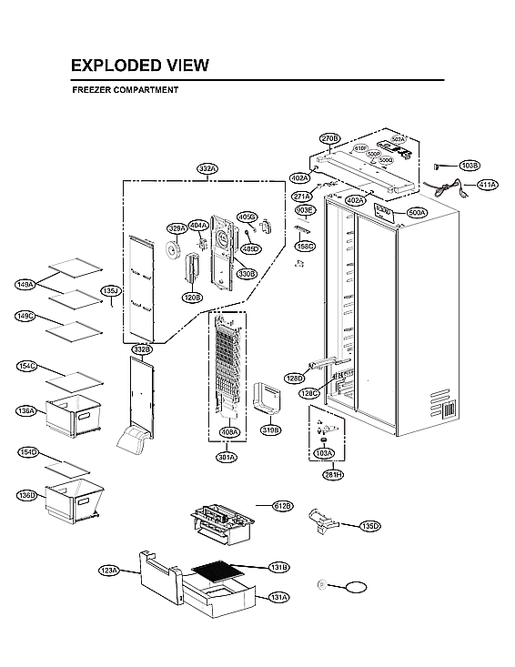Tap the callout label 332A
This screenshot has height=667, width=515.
(x=207, y=168)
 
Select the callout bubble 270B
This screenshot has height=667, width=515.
(x=329, y=138)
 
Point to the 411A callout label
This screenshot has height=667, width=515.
(x=487, y=185)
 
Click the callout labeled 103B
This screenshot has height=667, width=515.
(x=470, y=166)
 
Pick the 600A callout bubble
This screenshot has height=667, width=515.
(x=417, y=212)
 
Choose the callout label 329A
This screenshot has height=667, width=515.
(x=177, y=228)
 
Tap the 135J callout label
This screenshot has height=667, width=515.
(x=110, y=291)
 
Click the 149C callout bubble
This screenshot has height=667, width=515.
(x=25, y=316)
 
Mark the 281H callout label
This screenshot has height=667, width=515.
(x=332, y=474)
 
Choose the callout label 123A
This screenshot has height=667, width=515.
(x=109, y=571)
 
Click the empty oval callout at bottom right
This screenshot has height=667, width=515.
(x=357, y=586)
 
